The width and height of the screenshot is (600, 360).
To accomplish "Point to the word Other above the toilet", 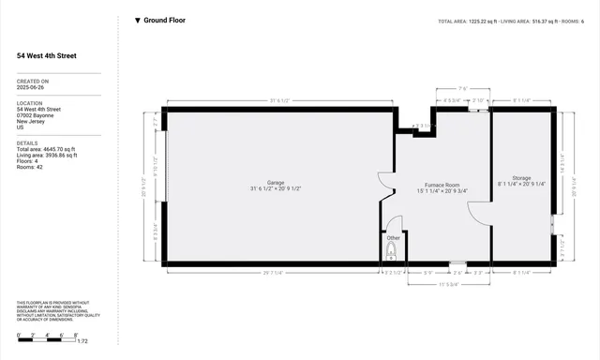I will coord(394,238).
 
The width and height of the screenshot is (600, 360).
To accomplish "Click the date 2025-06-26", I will coord(31,88).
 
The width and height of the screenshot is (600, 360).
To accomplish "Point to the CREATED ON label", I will coord(33,82).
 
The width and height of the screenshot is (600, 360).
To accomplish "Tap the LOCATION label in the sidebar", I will coord(30,102).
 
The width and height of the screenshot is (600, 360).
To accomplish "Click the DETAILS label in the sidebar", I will coord(27,142).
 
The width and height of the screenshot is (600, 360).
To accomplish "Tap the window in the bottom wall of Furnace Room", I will coord(457,262).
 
